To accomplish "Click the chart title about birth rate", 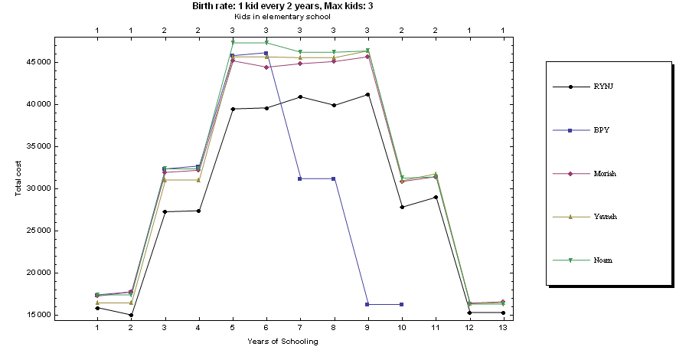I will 283,5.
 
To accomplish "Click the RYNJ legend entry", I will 604,86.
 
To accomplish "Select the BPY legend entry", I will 601,129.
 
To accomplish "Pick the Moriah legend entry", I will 606,173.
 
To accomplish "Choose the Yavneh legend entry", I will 606,217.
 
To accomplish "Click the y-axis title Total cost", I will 18,173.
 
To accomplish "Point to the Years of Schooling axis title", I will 283,342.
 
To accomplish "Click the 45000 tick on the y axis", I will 36,62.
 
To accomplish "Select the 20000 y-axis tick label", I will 36,273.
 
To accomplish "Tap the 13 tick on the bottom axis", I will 503,328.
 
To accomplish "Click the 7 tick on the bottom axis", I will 300,328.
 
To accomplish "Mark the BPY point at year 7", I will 300,178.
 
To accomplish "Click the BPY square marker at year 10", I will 401,304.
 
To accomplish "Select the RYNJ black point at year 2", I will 131,315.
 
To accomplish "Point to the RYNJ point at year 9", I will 367,94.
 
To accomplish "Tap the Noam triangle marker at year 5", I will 233,43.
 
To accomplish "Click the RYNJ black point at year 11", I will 435,197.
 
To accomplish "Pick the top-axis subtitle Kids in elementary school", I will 283,16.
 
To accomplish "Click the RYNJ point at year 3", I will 165,211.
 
